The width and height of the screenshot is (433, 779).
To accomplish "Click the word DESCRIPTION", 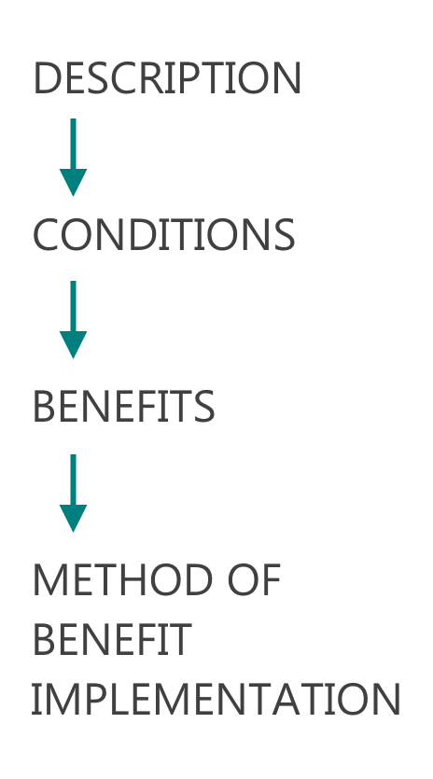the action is click(x=167, y=78).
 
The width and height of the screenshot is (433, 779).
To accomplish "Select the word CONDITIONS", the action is click(x=164, y=235).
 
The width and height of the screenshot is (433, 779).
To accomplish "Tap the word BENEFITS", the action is click(x=124, y=407).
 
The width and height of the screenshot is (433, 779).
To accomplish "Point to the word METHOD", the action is click(x=123, y=579).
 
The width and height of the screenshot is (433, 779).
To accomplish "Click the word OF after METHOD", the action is click(x=254, y=579).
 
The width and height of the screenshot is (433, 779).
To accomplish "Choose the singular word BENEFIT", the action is click(x=112, y=639).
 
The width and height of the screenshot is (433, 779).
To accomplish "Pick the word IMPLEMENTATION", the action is click(x=216, y=699).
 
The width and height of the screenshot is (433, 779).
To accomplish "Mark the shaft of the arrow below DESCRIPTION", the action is click(x=73, y=144).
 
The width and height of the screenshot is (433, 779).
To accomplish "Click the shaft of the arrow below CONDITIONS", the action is click(x=73, y=306).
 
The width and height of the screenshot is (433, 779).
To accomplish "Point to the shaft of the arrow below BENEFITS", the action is click(x=73, y=480).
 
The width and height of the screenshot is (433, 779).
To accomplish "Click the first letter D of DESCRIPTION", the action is click(x=45, y=78).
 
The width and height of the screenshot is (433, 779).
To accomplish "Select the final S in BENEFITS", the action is click(x=204, y=407).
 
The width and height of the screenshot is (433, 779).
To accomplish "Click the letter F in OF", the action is click(x=272, y=579).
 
